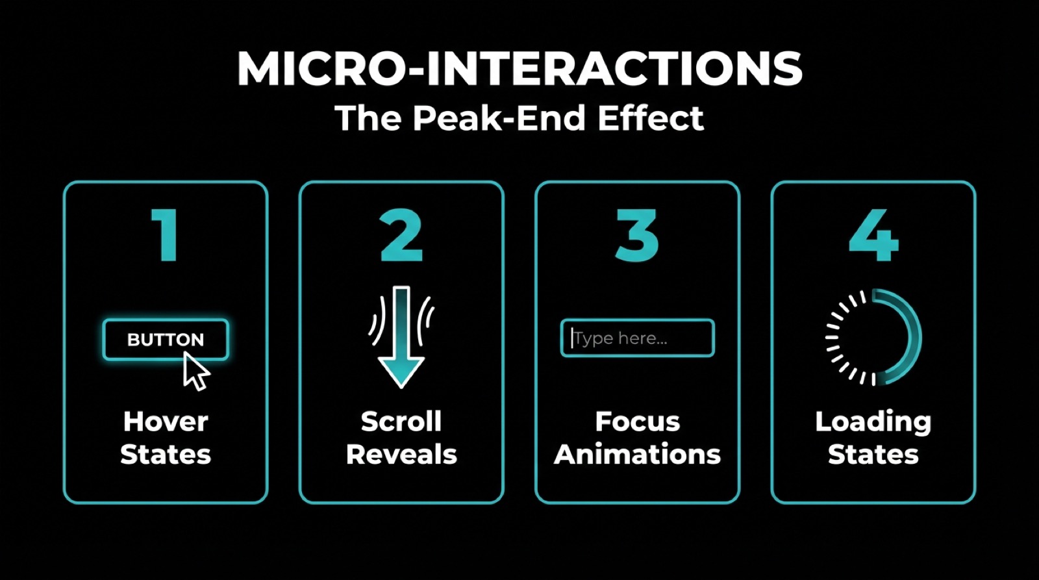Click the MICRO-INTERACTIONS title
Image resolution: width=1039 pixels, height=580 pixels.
tap(519, 68)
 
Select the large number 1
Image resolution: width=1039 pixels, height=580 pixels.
tap(166, 235)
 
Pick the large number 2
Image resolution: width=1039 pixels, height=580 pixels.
tap(401, 235)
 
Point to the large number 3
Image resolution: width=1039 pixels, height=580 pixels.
tap(637, 235)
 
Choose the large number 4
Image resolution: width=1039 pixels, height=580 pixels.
tap(873, 235)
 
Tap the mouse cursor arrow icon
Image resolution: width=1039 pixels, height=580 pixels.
tap(195, 372)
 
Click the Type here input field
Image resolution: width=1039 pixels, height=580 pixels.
tap(637, 338)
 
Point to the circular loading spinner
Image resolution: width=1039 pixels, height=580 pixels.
tap(873, 337)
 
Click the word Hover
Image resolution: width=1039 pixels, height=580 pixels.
tap(166, 422)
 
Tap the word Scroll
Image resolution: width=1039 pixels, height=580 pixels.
tap(401, 422)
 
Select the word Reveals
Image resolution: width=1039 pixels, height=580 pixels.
tap(401, 455)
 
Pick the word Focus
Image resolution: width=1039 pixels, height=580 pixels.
tap(637, 422)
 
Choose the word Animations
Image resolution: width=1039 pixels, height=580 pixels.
tap(637, 455)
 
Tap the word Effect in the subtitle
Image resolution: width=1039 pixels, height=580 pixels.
tap(651, 118)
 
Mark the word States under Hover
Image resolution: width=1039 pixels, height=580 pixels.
tap(166, 455)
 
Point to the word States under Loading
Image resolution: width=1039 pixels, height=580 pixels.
tap(873, 455)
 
